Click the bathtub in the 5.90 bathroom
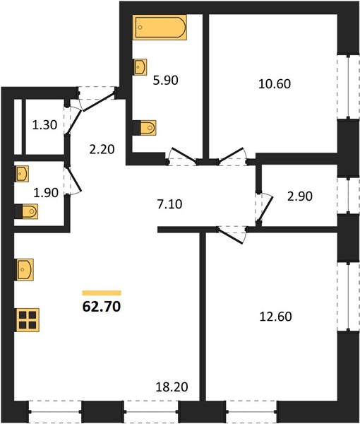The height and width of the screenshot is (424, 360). coord(160,28)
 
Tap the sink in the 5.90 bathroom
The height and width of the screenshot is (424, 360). coord(140,67)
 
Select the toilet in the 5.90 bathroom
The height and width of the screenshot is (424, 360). coord(145,128)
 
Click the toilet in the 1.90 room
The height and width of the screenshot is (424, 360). coord(26,211)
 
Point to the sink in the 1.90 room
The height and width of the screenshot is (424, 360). coord(22,174)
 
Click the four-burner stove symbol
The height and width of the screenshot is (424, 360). coord(28,320)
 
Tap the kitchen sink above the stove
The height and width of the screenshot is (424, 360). coord(25,270)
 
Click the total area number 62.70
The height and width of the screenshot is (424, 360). coord(102,307)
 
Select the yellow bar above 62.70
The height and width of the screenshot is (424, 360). coord(102,293)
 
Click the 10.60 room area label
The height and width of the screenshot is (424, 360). coord(275,83)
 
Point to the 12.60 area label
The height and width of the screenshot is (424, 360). coord(275,317)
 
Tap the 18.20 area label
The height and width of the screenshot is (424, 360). coord(172,387)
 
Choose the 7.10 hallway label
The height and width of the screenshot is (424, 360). coord(170,204)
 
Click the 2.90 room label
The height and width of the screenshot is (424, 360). coord(300,196)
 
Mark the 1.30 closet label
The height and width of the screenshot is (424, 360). coord(44,125)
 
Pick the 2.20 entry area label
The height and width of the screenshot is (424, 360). coord(102,149)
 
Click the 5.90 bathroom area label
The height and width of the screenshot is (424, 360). coord(166,81)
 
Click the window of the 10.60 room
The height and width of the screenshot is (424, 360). coord(349,87)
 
